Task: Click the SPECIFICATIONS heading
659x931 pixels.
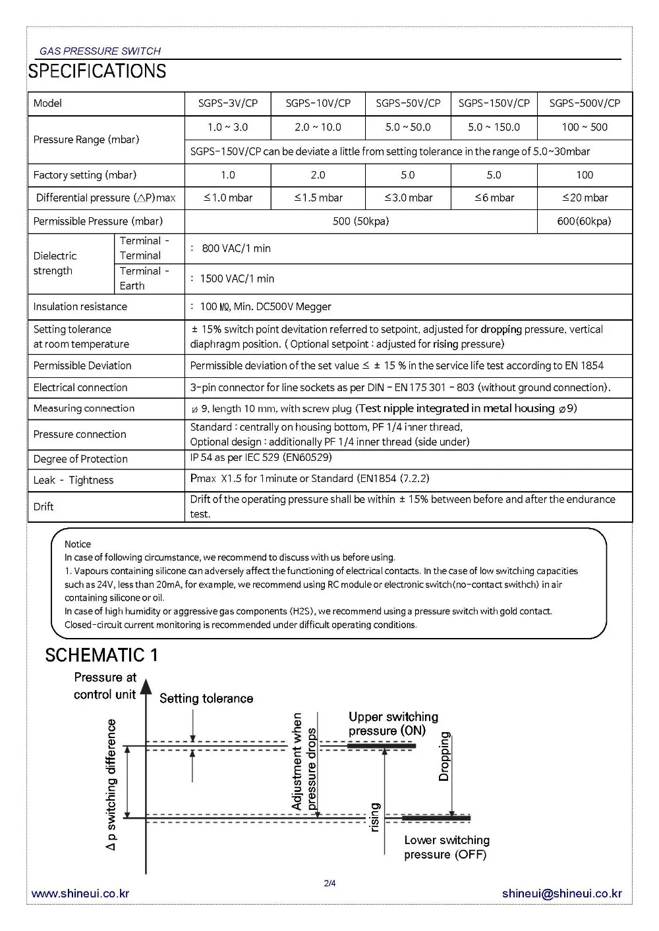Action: (x=97, y=71)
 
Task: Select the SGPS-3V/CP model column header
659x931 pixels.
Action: (x=228, y=103)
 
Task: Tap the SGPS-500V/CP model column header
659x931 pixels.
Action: (x=585, y=103)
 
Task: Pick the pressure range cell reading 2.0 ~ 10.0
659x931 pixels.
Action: (x=318, y=127)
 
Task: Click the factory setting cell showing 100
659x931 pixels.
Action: (x=585, y=175)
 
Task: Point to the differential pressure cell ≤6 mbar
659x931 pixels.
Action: (x=494, y=198)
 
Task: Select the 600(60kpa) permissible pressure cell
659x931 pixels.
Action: (x=585, y=221)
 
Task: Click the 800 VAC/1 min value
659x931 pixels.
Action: (x=236, y=248)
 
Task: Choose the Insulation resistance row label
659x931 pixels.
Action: (x=80, y=307)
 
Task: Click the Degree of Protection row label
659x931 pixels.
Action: (x=80, y=459)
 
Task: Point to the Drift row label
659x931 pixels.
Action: (x=43, y=506)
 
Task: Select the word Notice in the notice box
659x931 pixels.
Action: (x=78, y=545)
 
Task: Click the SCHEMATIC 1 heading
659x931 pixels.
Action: (x=101, y=655)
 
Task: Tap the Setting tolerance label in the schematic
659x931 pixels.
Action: (x=206, y=699)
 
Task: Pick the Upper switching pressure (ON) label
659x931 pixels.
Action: (x=393, y=724)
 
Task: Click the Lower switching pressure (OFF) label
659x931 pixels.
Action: (x=447, y=847)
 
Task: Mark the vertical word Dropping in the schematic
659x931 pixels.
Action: (x=445, y=757)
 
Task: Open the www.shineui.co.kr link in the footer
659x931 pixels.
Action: (x=80, y=893)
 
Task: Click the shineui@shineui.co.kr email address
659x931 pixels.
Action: (x=561, y=893)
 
